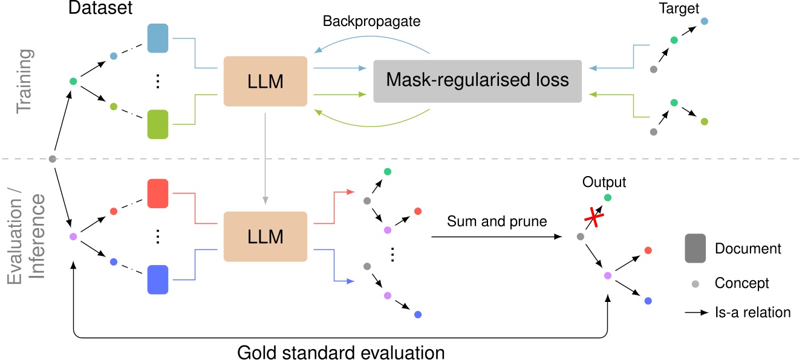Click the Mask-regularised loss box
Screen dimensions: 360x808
tap(477, 81)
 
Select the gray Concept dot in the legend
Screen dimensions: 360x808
tap(696, 283)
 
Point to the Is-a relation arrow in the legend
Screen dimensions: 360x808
tap(696, 313)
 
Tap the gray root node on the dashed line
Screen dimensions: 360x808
tap(53, 159)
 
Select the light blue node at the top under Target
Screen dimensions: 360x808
tap(704, 22)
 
